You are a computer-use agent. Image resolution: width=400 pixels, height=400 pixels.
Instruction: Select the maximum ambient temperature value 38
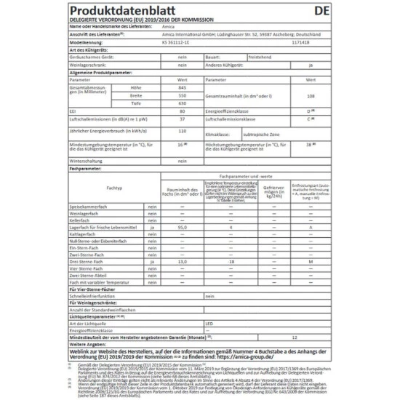coord(309,145)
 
